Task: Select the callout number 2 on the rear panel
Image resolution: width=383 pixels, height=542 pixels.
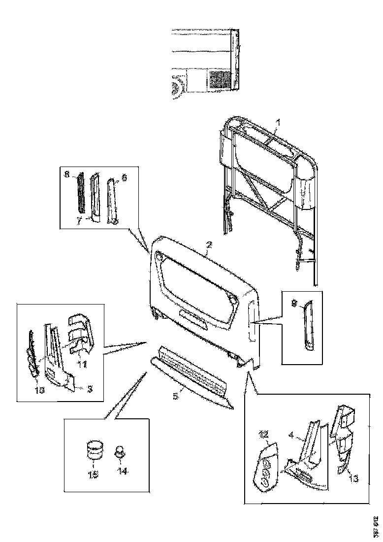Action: click(x=209, y=245)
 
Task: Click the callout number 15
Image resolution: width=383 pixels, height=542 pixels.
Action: click(x=93, y=474)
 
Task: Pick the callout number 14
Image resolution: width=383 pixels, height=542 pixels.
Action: click(x=122, y=471)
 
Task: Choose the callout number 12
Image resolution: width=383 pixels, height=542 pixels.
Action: click(x=264, y=435)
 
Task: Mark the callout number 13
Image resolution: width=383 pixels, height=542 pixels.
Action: click(x=353, y=478)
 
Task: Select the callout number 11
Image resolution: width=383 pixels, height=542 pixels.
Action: click(x=82, y=364)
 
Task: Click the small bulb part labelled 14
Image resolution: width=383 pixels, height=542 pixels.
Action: click(x=120, y=451)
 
